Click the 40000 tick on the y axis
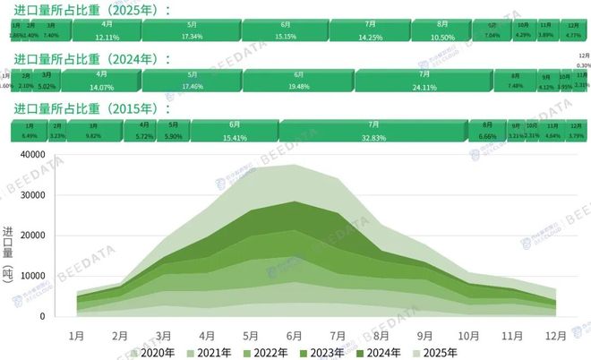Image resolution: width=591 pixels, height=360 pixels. (47, 154)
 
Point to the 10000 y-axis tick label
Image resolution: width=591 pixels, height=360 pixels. (47, 277)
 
